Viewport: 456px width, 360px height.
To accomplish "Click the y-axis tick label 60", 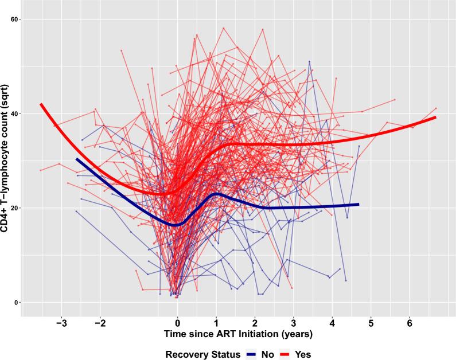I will click(x=15, y=19).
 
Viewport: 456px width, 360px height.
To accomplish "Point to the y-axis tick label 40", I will click(x=15, y=114).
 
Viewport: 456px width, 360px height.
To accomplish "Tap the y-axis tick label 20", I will click(x=15, y=208).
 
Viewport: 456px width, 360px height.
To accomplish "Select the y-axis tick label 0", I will click(x=17, y=302).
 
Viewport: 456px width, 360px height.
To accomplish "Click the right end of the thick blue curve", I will click(x=358, y=204).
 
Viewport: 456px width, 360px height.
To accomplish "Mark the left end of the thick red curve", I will click(x=41, y=104).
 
